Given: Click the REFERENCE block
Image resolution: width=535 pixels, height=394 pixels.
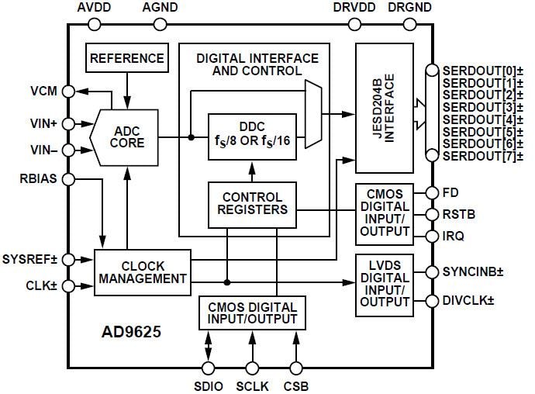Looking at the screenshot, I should pos(127,58).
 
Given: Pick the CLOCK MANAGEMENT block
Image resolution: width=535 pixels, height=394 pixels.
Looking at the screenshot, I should pos(142,271).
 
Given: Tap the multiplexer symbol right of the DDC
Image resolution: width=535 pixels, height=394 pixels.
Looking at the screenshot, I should pos(314,114).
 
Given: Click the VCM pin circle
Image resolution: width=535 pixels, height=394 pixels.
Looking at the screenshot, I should pos(68,91).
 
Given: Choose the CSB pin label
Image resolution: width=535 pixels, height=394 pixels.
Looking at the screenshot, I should pos(295,385).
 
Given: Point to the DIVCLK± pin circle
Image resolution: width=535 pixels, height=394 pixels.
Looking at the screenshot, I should pos(428,300).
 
